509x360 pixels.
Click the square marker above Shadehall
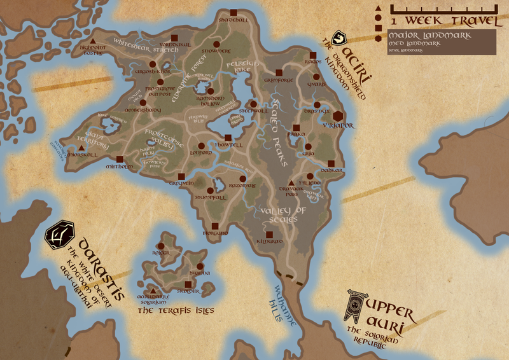pos(234,13)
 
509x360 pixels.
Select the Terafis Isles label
pos(176,311)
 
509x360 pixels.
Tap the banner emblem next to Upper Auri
pos(354,306)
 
